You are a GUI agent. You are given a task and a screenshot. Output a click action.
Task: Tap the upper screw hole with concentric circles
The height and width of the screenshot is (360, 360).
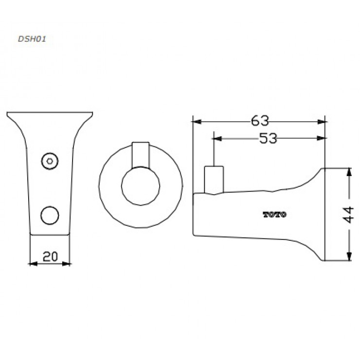[x=49, y=160]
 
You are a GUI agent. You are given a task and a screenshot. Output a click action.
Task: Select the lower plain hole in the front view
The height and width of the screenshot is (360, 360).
[x=49, y=214]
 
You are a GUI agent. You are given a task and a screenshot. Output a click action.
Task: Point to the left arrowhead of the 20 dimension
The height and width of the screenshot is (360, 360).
[x=33, y=264]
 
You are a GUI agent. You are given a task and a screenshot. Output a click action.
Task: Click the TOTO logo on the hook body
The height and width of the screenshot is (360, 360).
[x=275, y=215]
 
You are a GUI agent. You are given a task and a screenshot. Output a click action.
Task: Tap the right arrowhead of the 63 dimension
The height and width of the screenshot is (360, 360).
[x=323, y=122]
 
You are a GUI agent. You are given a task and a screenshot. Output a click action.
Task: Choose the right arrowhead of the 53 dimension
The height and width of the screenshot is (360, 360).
[x=323, y=139]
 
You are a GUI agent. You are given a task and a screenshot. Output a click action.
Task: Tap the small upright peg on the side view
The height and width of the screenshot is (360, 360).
[x=214, y=179]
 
